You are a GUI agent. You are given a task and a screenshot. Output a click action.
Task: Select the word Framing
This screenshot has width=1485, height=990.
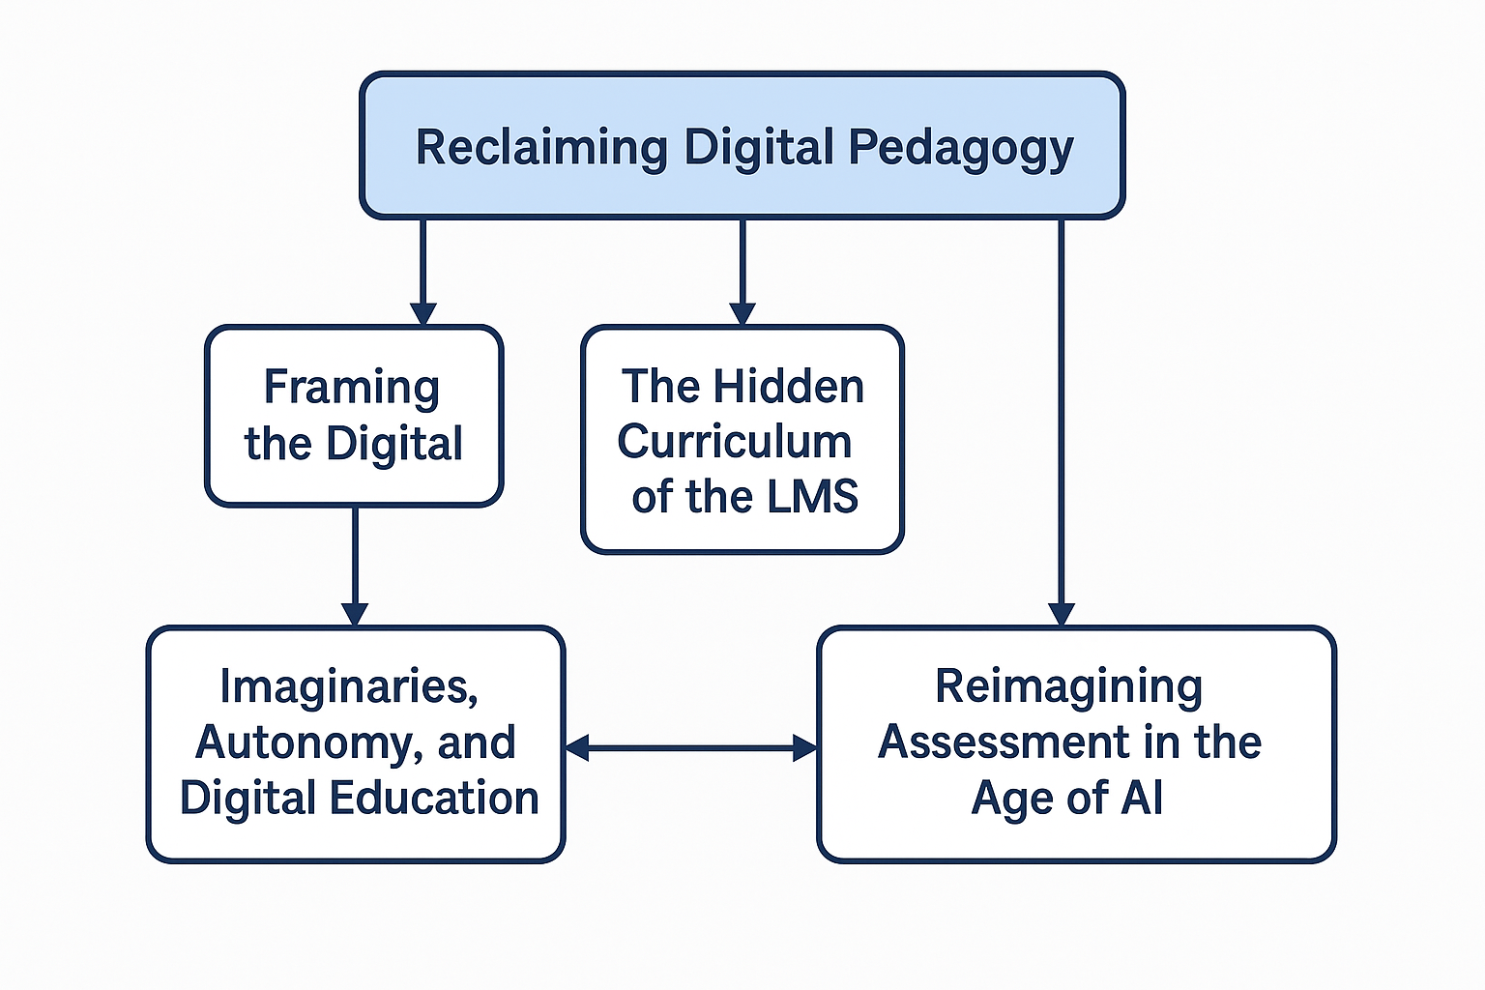pyautogui.click(x=352, y=388)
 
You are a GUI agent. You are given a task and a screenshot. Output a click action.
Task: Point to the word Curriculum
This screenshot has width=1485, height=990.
pyautogui.click(x=735, y=442)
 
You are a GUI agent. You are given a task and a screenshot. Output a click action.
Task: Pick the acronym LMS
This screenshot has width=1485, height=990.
pyautogui.click(x=813, y=497)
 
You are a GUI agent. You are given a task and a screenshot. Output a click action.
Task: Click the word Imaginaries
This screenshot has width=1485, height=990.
pyautogui.click(x=349, y=686)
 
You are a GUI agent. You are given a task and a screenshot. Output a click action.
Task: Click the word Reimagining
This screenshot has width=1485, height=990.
pyautogui.click(x=1068, y=686)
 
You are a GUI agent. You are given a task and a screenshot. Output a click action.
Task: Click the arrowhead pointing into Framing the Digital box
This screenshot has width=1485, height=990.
pyautogui.click(x=422, y=314)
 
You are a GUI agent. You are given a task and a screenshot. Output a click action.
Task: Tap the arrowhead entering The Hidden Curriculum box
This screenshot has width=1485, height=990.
pyautogui.click(x=742, y=314)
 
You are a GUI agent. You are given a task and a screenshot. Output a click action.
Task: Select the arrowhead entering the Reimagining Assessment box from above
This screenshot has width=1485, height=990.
pyautogui.click(x=1061, y=614)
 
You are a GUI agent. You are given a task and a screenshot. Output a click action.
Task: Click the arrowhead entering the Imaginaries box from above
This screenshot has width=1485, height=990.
pyautogui.click(x=355, y=614)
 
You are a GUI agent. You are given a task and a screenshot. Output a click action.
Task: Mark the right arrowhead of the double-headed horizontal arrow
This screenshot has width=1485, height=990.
pyautogui.click(x=804, y=747)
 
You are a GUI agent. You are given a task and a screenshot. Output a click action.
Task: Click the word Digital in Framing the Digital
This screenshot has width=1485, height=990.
pyautogui.click(x=394, y=444)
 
